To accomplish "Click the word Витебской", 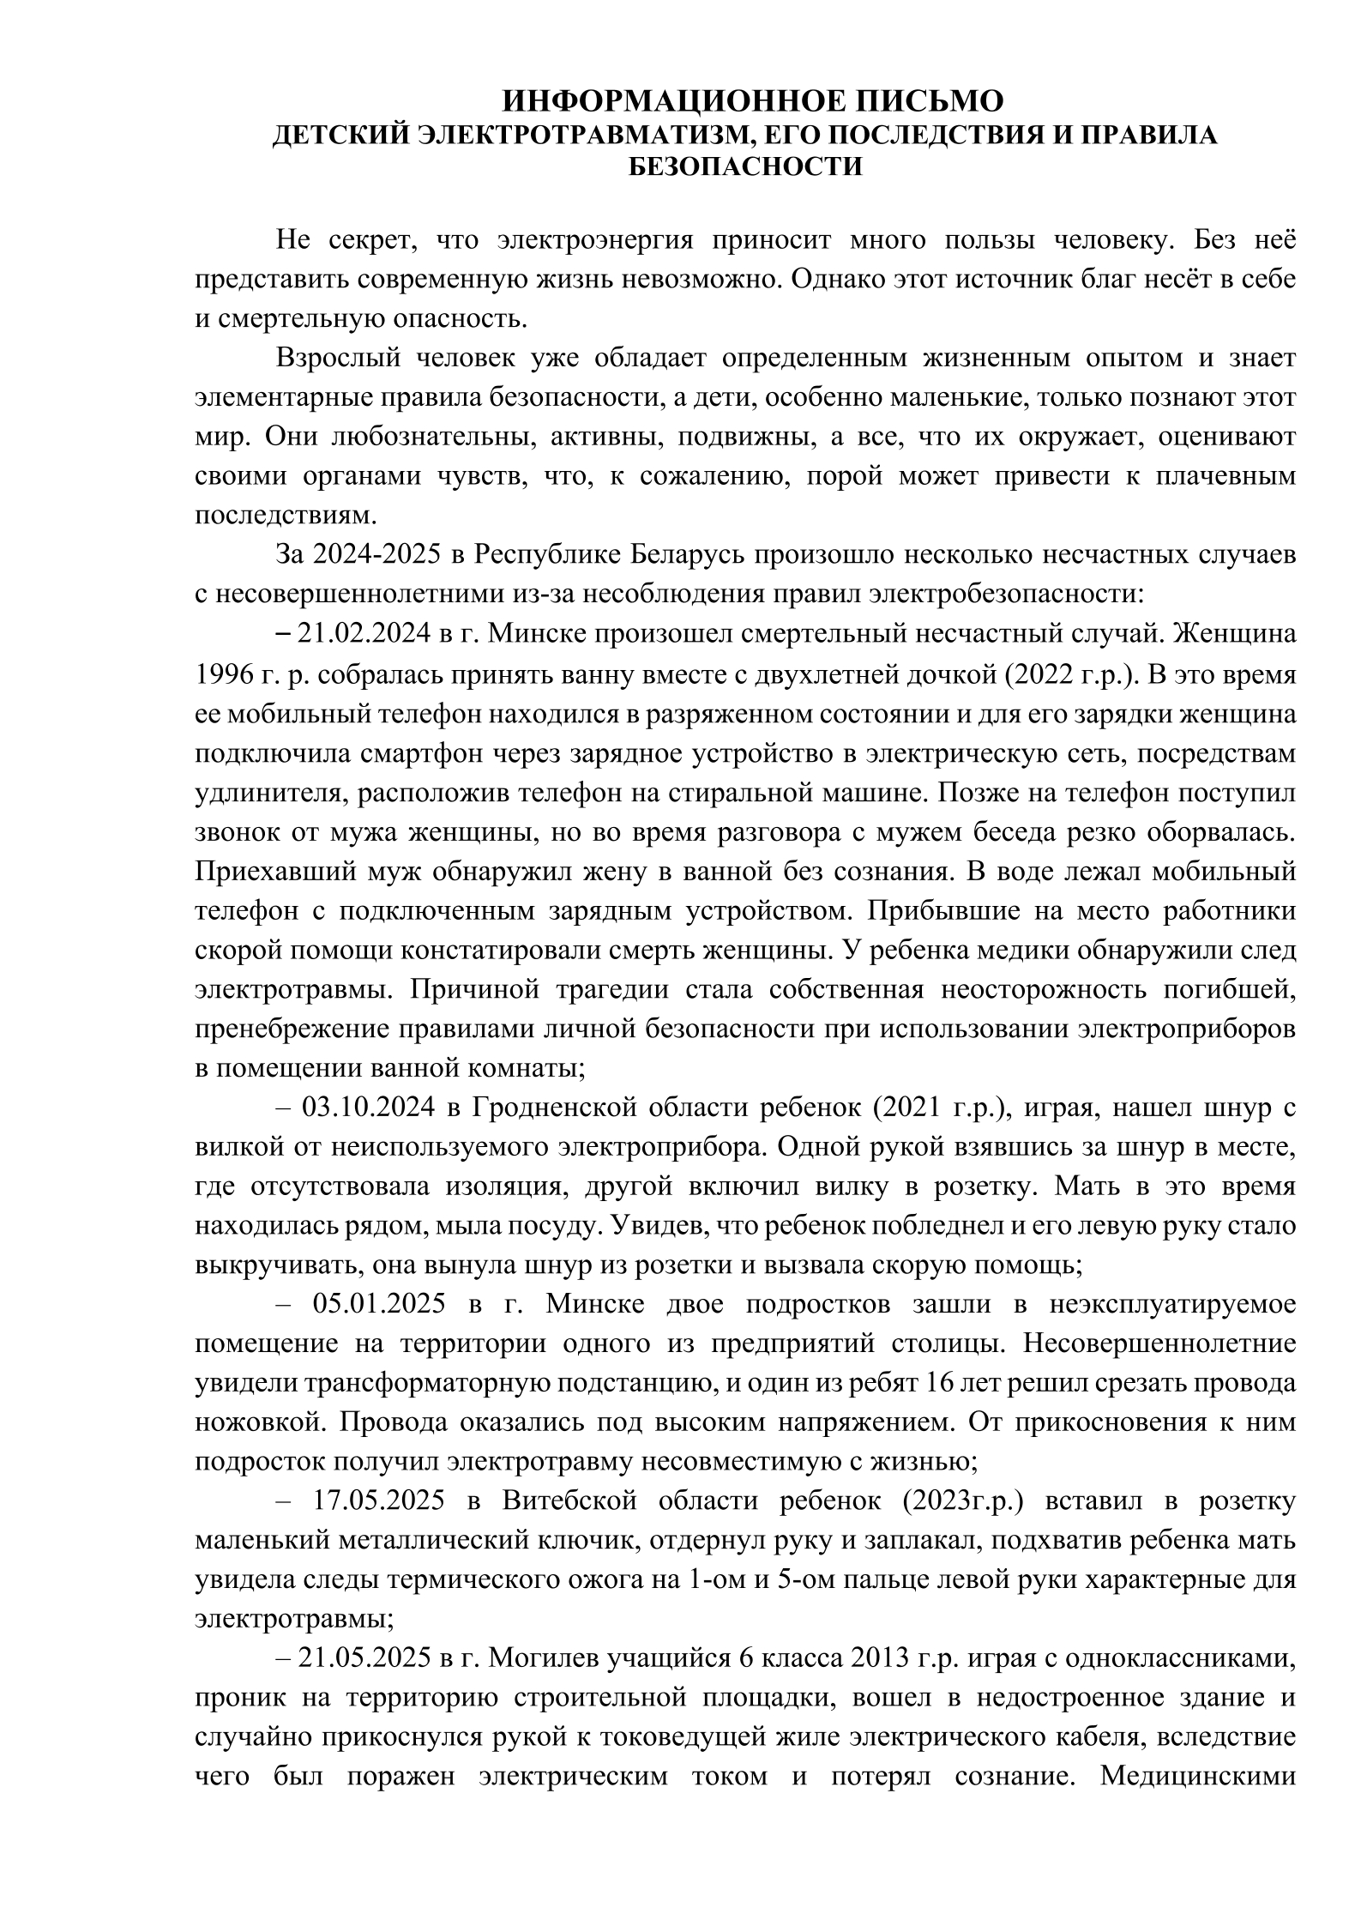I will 570,1501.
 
